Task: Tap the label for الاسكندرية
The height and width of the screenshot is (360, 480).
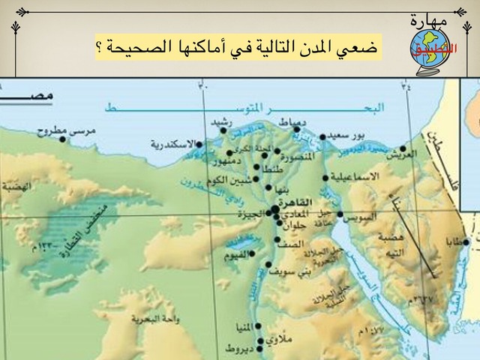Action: coord(173,143)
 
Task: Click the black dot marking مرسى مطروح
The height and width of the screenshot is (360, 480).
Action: coord(64,139)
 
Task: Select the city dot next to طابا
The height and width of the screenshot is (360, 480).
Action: coord(466,241)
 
